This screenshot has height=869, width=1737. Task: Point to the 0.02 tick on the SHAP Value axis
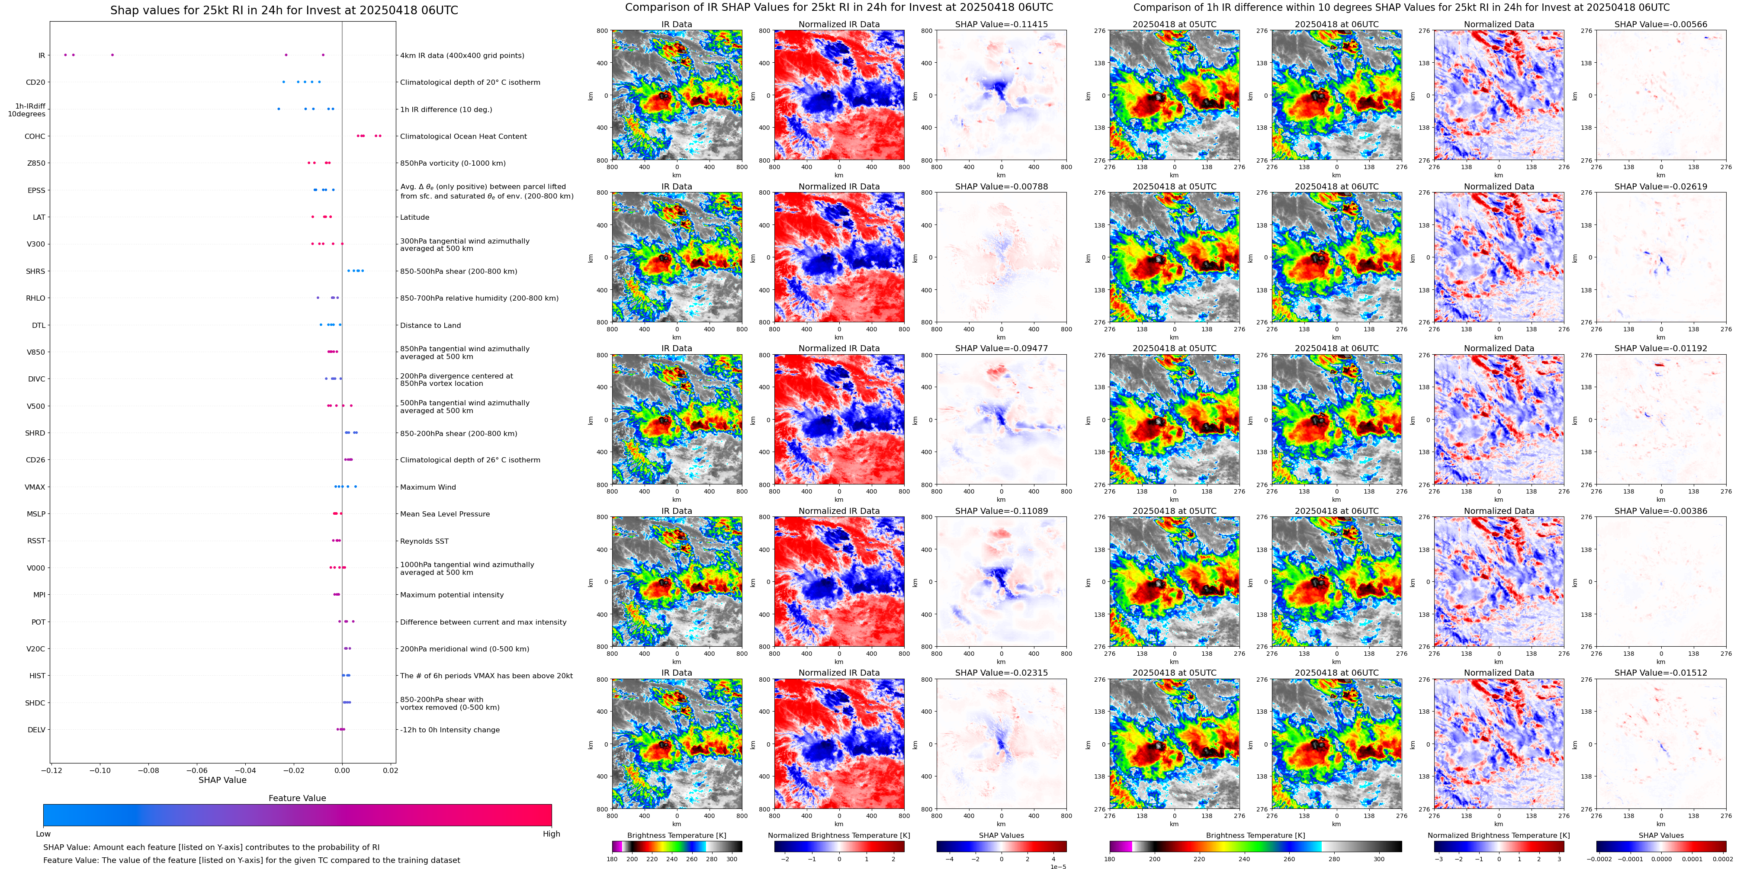[390, 770]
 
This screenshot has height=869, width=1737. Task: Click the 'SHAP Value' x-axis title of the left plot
[222, 780]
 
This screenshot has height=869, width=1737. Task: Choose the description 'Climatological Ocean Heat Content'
[463, 136]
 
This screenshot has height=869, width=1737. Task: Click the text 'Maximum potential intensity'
[452, 595]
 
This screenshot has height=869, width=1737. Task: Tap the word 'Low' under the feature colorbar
[43, 834]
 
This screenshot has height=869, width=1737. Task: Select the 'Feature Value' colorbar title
[297, 798]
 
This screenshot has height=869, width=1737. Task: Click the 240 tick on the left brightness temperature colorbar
[671, 859]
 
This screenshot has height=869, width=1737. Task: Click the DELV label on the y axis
[36, 729]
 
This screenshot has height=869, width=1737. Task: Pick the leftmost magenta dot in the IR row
[65, 55]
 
